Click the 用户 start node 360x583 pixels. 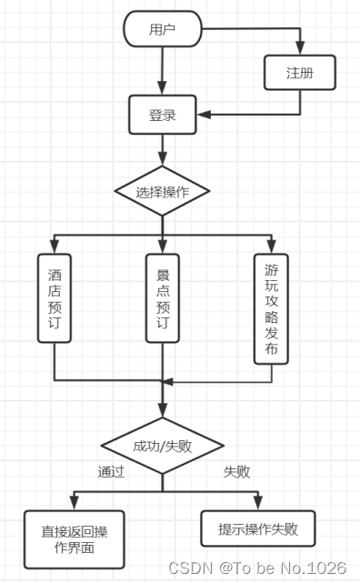(x=162, y=29)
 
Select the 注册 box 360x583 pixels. (x=300, y=73)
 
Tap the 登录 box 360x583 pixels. (x=162, y=115)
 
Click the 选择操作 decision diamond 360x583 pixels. (x=162, y=192)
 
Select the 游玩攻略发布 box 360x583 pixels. (x=272, y=308)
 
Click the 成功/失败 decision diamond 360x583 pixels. (x=163, y=446)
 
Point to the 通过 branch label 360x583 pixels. (x=112, y=472)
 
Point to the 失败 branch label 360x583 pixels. (x=237, y=472)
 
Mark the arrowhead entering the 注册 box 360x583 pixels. (x=300, y=52)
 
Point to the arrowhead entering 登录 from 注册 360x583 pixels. (x=205, y=115)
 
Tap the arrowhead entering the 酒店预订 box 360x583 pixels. (x=55, y=247)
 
